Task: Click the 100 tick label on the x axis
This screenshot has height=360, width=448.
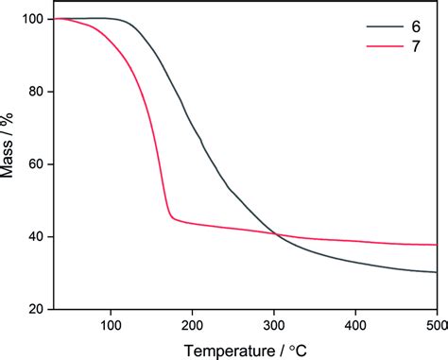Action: tap(111, 324)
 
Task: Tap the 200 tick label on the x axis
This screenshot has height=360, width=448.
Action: tap(192, 324)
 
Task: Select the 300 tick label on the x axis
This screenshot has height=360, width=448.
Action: tap(273, 324)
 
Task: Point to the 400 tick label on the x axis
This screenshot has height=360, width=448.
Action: tap(355, 324)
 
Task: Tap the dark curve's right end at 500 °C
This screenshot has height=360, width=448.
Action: tap(436, 272)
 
